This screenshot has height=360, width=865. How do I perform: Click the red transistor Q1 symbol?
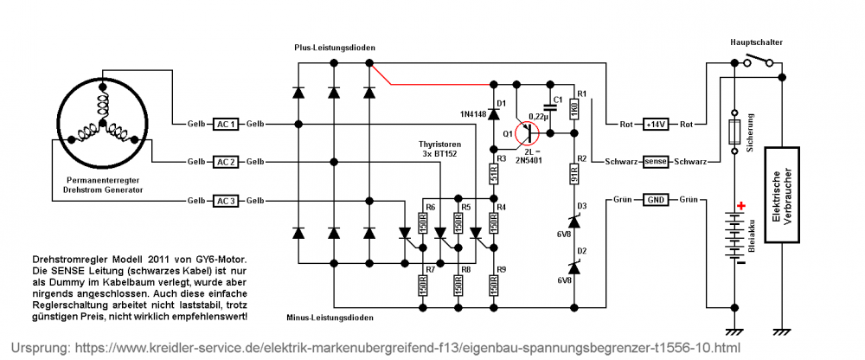pos(526,133)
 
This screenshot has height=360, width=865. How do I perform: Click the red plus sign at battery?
pos(741,207)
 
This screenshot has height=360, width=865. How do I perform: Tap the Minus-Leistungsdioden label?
pos(330,318)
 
